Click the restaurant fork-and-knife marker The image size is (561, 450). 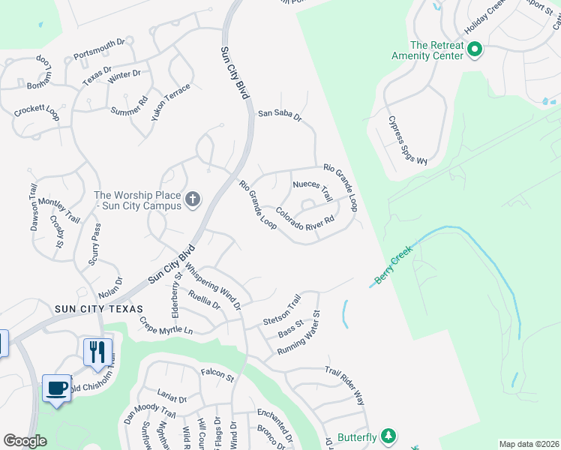pos(97,352)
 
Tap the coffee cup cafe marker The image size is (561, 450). pos(56,388)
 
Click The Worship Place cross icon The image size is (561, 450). pos(193,199)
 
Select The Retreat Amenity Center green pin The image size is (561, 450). pos(474,50)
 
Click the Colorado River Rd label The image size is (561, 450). pos(303,223)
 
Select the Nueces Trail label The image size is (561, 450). pos(312,190)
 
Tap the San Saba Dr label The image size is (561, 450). pos(279,115)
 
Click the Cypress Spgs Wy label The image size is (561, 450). pos(408,141)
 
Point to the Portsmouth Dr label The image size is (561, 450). pos(104,49)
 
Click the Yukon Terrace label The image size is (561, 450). pos(171,103)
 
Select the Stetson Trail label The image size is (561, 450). pos(282,310)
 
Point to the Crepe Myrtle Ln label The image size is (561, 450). pos(166,326)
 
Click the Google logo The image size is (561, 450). pos(25,441)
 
